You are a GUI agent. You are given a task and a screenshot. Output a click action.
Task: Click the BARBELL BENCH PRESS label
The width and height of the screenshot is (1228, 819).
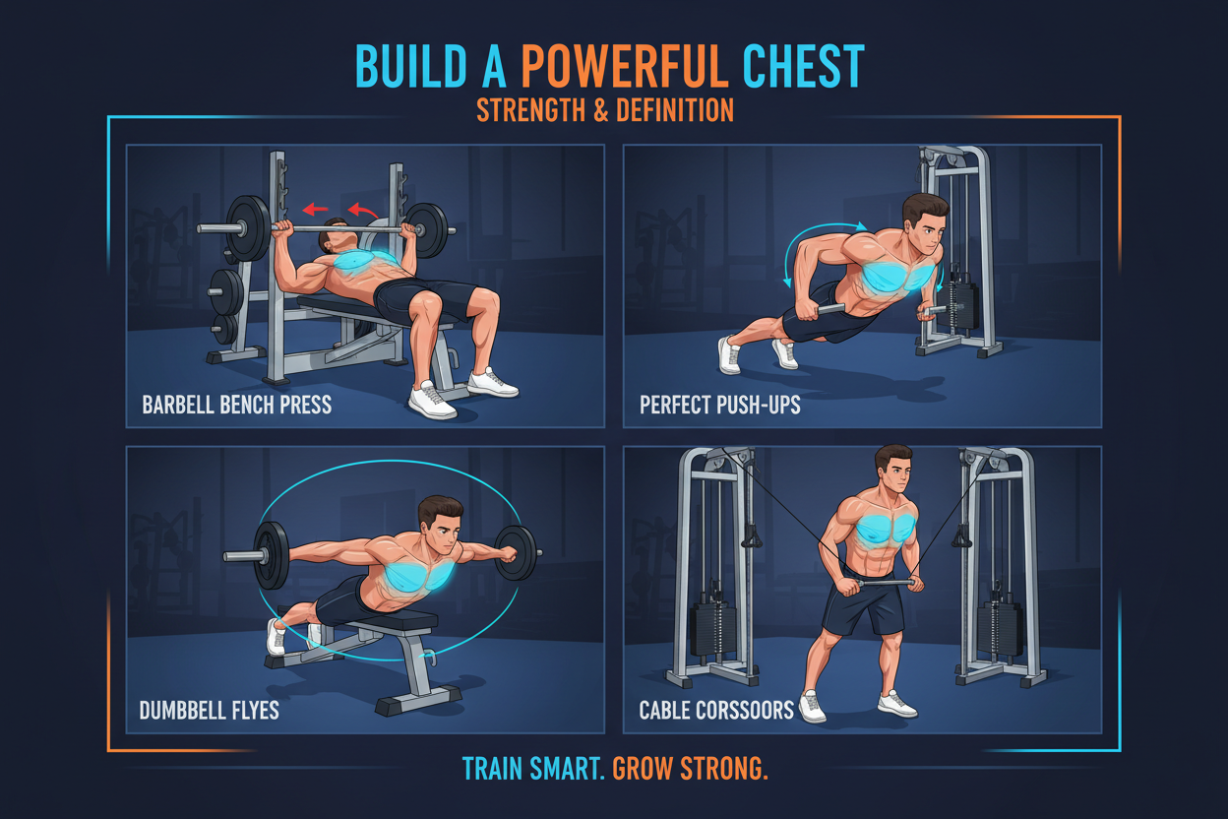tap(236, 405)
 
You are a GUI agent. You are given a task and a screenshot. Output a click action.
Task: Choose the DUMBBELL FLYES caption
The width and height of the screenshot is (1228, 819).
tap(210, 710)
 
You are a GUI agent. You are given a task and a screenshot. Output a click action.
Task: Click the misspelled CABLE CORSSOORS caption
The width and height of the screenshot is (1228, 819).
tap(716, 710)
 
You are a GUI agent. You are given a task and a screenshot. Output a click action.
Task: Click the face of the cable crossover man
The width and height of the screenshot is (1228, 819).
tap(893, 477)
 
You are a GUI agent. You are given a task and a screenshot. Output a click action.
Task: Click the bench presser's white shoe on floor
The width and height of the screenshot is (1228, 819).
tap(433, 400)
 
